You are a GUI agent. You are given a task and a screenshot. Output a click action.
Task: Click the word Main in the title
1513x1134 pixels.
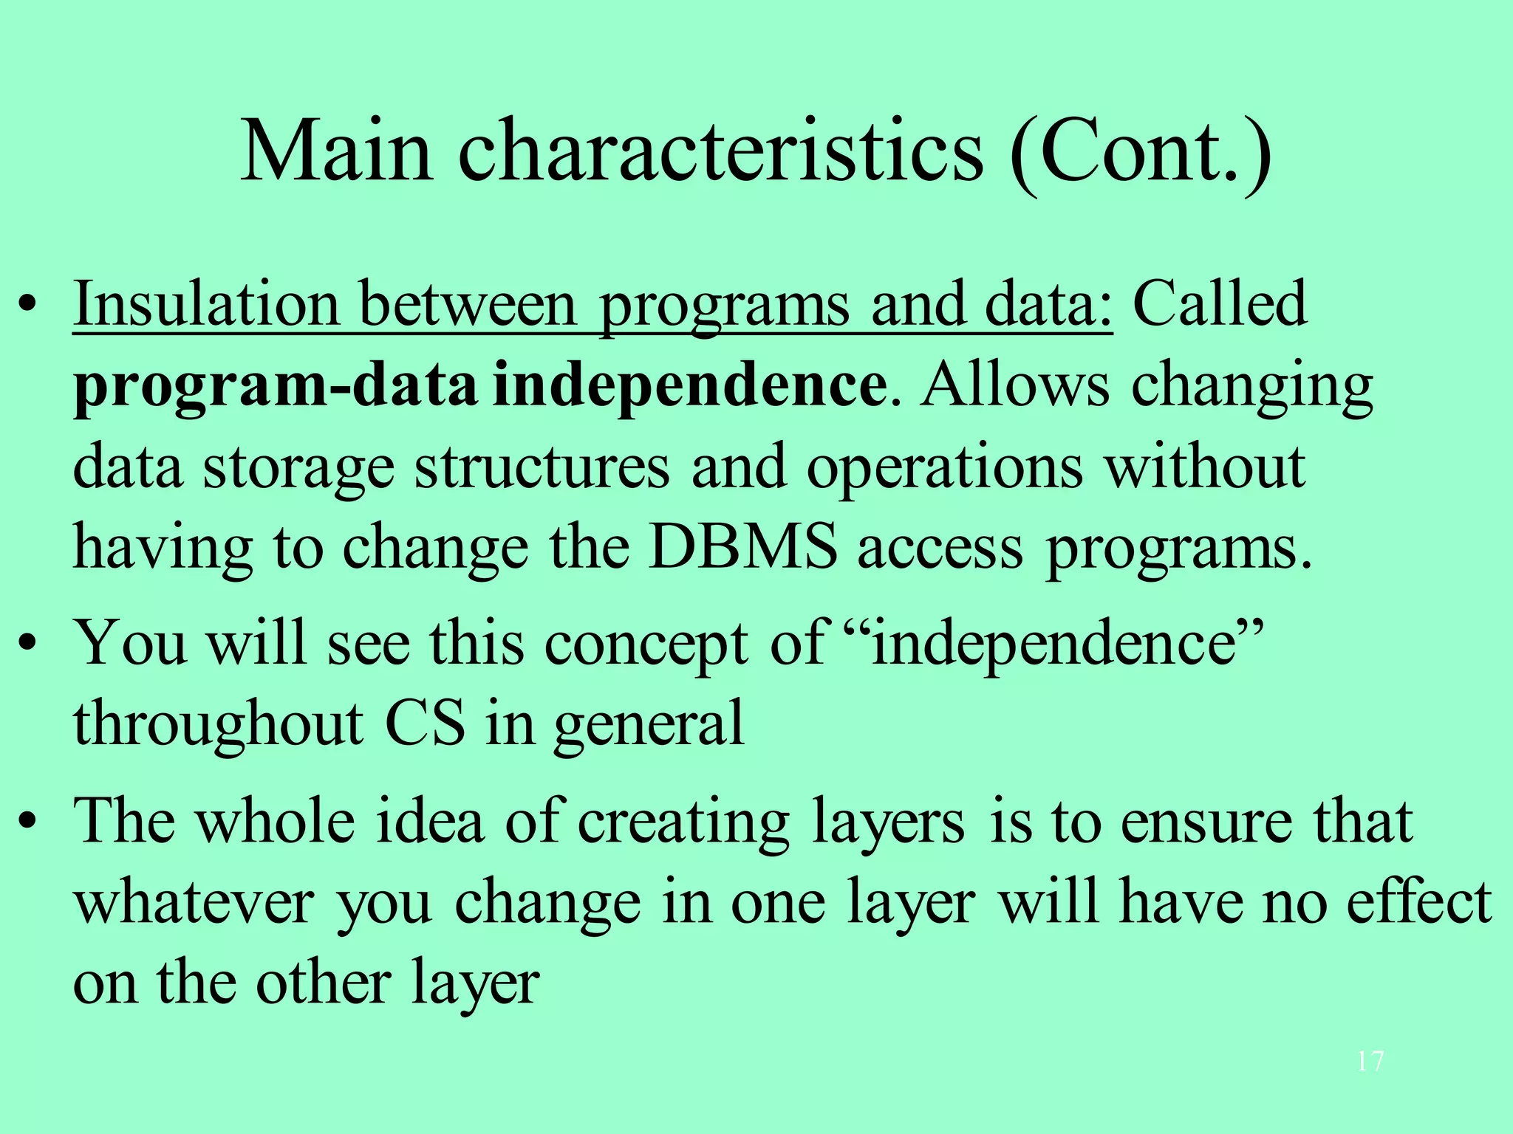336,151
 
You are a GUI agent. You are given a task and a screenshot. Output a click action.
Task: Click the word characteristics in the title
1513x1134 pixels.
720,151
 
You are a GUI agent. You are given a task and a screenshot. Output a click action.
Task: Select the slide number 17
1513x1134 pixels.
1370,1062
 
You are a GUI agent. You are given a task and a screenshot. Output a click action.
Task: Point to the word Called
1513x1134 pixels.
1220,304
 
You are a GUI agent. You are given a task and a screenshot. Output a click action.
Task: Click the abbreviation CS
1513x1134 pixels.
426,724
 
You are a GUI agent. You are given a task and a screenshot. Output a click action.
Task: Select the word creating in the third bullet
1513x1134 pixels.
683,822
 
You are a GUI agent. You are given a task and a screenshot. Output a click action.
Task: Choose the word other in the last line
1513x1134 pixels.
324,983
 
